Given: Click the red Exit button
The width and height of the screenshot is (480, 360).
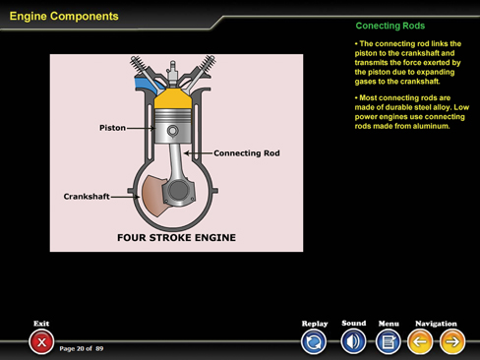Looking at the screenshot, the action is click(41, 342).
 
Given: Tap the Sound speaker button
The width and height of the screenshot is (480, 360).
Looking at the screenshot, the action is click(353, 341).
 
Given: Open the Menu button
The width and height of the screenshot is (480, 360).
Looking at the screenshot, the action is click(389, 341).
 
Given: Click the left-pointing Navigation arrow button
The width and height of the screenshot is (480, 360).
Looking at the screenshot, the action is click(420, 341).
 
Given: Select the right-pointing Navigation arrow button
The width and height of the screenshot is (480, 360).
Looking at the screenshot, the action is click(452, 341).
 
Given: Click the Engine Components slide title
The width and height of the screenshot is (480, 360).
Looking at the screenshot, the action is click(64, 16).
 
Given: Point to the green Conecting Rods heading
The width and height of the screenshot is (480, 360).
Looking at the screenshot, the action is click(390, 26).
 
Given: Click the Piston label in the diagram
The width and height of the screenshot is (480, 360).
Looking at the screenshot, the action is click(112, 128).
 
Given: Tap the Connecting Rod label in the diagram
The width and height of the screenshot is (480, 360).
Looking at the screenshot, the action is click(247, 153).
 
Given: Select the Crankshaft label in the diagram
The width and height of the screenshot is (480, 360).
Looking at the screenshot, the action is click(87, 197).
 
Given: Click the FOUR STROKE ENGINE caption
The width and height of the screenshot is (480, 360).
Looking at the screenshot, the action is click(176, 237).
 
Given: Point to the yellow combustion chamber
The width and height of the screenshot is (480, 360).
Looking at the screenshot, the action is click(173, 98).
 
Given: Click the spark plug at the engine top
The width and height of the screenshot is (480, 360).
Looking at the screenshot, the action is click(172, 71).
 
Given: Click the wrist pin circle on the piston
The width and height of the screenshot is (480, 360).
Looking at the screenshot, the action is click(173, 131).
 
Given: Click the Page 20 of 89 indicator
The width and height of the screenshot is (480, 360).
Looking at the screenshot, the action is click(82, 348).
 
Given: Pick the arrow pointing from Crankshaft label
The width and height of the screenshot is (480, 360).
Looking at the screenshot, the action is click(125, 197).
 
